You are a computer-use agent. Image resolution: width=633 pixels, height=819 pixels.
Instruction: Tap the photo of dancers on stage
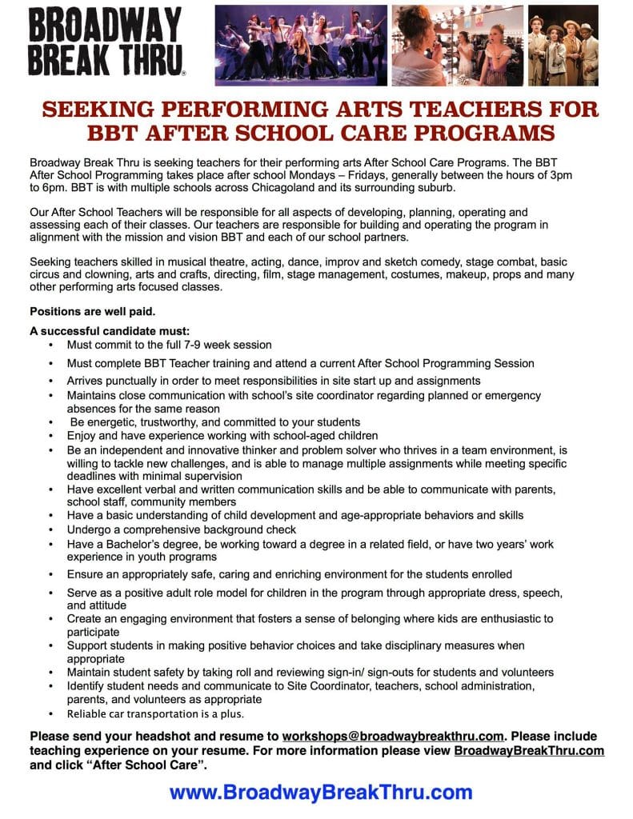302,45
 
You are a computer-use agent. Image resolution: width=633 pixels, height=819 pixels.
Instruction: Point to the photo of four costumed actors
563,45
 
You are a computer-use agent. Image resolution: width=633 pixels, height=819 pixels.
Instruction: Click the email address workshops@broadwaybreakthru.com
392,736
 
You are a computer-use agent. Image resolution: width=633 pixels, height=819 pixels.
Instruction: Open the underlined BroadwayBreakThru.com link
529,750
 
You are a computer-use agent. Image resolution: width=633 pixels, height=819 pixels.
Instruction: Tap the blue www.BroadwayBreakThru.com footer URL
320,793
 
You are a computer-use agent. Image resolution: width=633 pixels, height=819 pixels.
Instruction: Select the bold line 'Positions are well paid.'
93,311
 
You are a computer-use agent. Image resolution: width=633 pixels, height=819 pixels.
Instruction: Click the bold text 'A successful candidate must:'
109,332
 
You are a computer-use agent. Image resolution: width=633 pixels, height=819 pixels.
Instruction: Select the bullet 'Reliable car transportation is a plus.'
156,713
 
